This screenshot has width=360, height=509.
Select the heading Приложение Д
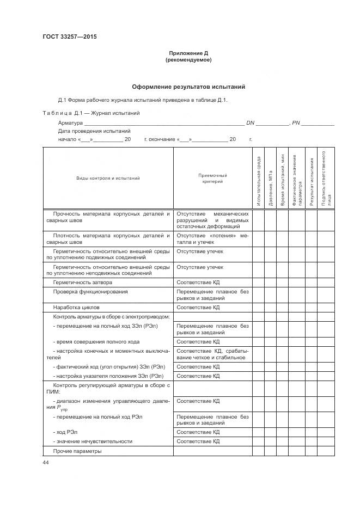click(188, 53)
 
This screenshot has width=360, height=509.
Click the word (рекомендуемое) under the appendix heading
click(188, 60)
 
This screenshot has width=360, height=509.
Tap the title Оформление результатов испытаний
click(188, 87)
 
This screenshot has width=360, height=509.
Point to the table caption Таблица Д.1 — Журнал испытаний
click(91, 113)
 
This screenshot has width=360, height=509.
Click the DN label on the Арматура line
click(251, 123)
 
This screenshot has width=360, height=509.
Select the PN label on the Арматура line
click(296, 123)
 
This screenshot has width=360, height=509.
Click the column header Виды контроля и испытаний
click(108, 178)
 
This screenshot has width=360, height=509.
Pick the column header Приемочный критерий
click(212, 179)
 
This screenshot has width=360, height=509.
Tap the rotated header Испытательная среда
click(258, 181)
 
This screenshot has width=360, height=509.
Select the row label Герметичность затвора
click(83, 283)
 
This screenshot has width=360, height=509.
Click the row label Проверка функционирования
click(90, 292)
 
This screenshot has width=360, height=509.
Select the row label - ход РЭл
click(65, 431)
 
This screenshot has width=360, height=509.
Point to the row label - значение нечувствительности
click(93, 441)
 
